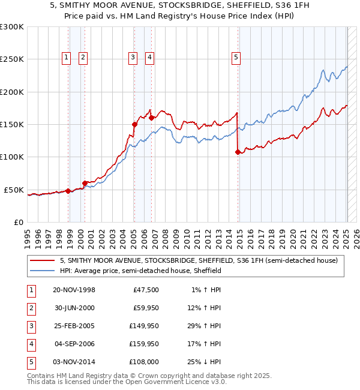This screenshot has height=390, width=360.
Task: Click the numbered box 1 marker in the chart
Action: (65, 58)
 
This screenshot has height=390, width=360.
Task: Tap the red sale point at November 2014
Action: (238, 152)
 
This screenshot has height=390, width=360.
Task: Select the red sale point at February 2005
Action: (134, 125)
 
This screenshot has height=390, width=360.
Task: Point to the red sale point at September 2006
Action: (151, 118)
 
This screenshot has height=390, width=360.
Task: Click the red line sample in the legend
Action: (43, 260)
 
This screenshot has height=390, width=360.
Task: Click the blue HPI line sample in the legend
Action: (43, 271)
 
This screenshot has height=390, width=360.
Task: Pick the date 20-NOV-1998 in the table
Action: (74, 290)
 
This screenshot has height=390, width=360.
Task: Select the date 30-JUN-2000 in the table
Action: (74, 308)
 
